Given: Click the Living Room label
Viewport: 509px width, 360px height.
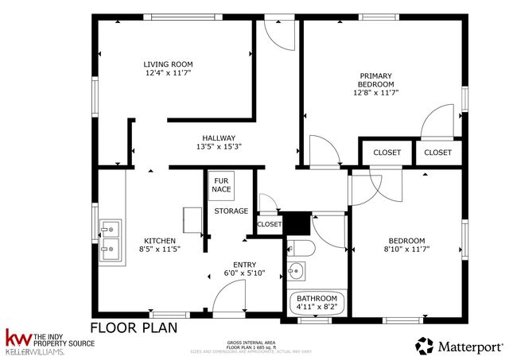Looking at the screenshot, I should [168, 64].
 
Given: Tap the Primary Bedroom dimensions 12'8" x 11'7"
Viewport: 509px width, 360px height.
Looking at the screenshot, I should [375, 92].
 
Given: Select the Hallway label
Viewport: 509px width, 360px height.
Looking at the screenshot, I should [218, 137].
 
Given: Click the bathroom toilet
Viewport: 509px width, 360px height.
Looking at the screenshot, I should [301, 247].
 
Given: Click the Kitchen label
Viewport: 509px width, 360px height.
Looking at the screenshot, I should [159, 241].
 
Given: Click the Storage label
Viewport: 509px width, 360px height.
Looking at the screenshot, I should [231, 211].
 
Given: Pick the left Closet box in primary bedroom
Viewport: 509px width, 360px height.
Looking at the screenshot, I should [387, 152].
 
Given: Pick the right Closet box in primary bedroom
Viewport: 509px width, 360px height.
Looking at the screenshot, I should [437, 152].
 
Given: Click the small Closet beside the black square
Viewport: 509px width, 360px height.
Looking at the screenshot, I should [270, 225].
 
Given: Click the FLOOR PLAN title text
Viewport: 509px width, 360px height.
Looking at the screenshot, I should [133, 327].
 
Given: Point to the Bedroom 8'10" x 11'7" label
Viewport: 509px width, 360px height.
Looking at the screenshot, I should [406, 246].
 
